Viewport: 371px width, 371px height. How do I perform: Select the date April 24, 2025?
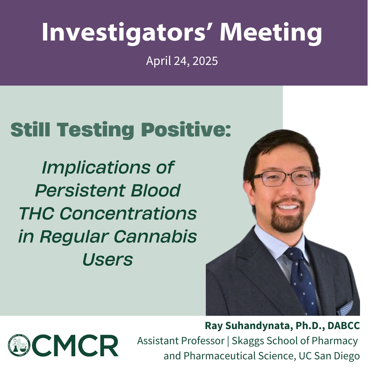tap(182, 61)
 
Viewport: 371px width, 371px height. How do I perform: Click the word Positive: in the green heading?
tap(186, 130)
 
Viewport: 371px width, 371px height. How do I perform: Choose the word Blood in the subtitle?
tap(156, 190)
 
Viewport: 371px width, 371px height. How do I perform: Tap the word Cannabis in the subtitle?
tap(155, 236)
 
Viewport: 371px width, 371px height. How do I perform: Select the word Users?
tap(108, 260)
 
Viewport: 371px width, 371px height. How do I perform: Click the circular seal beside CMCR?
tap(19, 345)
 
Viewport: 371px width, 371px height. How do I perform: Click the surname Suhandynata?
tap(257, 326)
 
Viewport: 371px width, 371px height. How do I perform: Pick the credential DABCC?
tap(344, 326)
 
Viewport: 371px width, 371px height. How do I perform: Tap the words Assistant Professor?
tap(181, 341)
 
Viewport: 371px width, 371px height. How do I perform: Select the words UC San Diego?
tap(329, 356)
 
